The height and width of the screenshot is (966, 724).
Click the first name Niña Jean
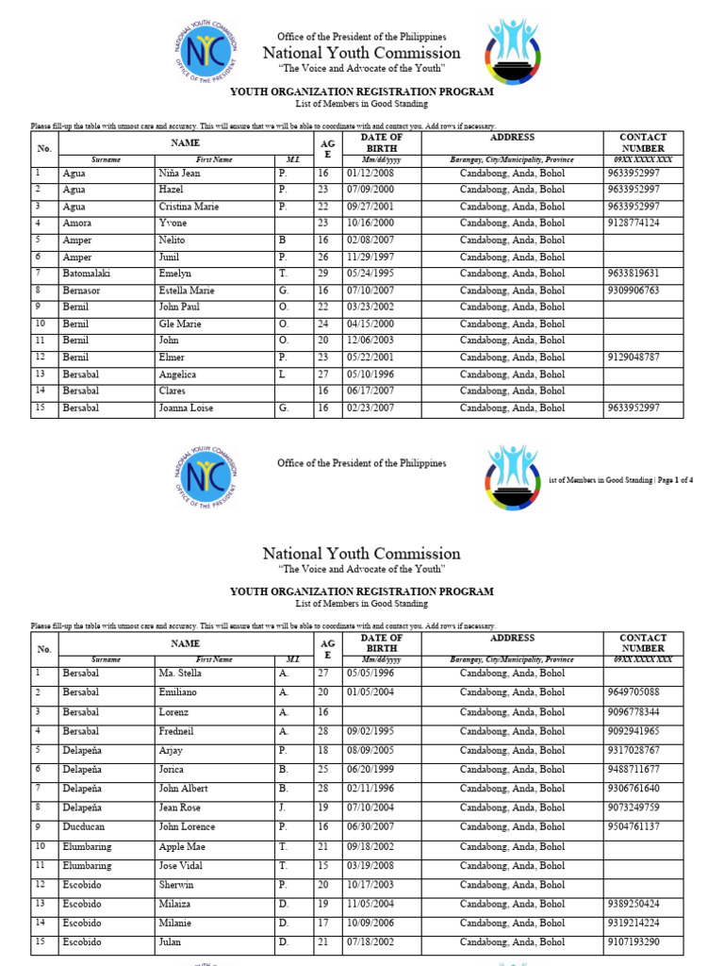pos(179,174)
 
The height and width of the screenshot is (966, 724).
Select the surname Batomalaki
pos(89,274)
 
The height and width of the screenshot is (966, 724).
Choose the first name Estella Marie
pos(187,291)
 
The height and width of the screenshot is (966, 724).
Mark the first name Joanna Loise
pos(186,408)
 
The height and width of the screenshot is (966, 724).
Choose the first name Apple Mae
pos(181,846)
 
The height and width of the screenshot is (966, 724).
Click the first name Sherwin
pos(176,885)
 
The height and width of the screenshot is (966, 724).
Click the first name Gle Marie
pos(180,324)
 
